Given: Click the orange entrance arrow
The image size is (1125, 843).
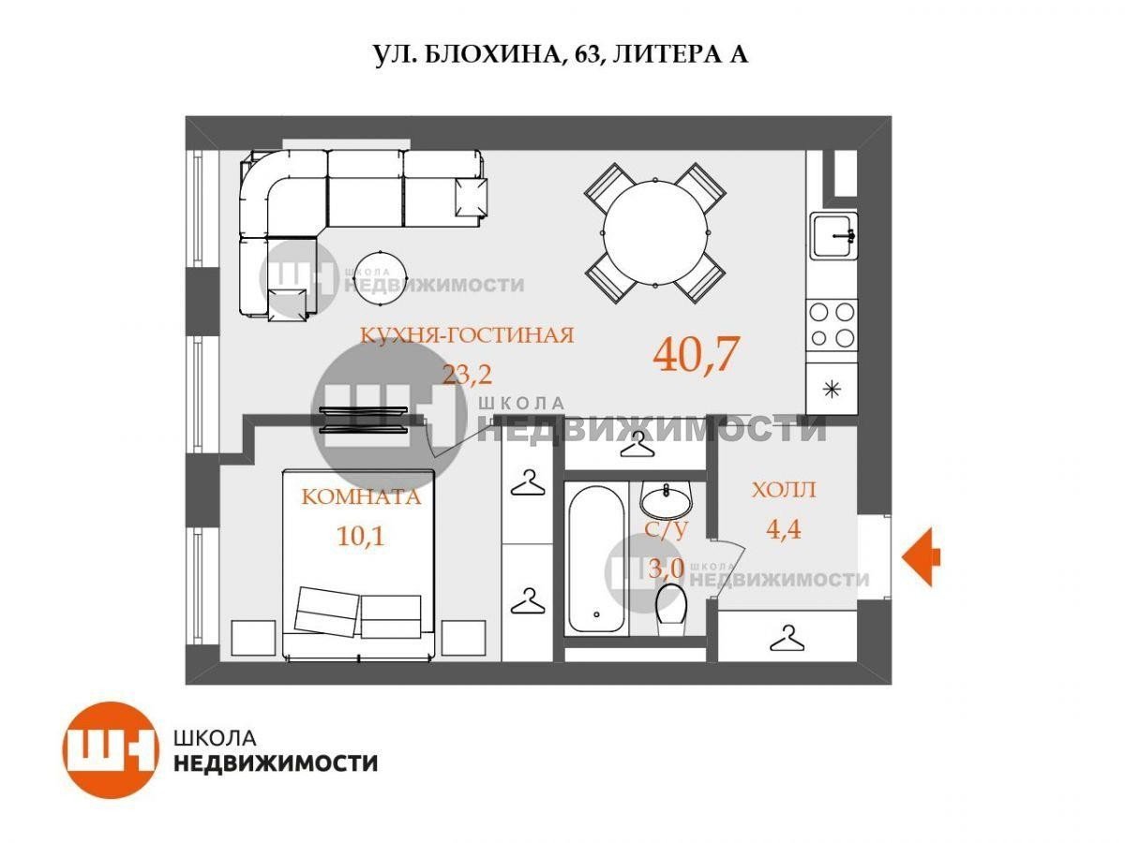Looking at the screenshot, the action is point(921,556).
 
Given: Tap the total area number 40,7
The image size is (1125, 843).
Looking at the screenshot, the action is point(696,353).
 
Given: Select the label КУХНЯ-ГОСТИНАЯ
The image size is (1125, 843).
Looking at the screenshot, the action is point(467,335).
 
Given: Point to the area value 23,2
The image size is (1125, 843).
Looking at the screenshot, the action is point(467,374).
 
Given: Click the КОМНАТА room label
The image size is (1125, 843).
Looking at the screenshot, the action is point(361,497).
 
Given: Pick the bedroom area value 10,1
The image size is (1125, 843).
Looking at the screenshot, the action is point(361,537).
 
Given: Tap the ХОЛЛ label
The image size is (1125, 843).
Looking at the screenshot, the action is point(784,490).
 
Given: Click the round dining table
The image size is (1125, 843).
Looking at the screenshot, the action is point(655,233).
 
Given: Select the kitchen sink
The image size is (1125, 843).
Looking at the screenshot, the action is point(832,237).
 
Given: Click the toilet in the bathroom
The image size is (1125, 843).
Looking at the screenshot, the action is point(671,609).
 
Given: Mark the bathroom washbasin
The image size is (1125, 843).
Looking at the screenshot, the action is point(666,500).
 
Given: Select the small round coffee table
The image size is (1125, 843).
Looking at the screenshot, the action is point(381,278).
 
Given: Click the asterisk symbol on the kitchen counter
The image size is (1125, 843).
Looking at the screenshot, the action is point(832,390).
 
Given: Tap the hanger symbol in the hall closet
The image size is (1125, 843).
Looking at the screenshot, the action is point(787,638).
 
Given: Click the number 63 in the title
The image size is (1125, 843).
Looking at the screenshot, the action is point(587,54).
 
